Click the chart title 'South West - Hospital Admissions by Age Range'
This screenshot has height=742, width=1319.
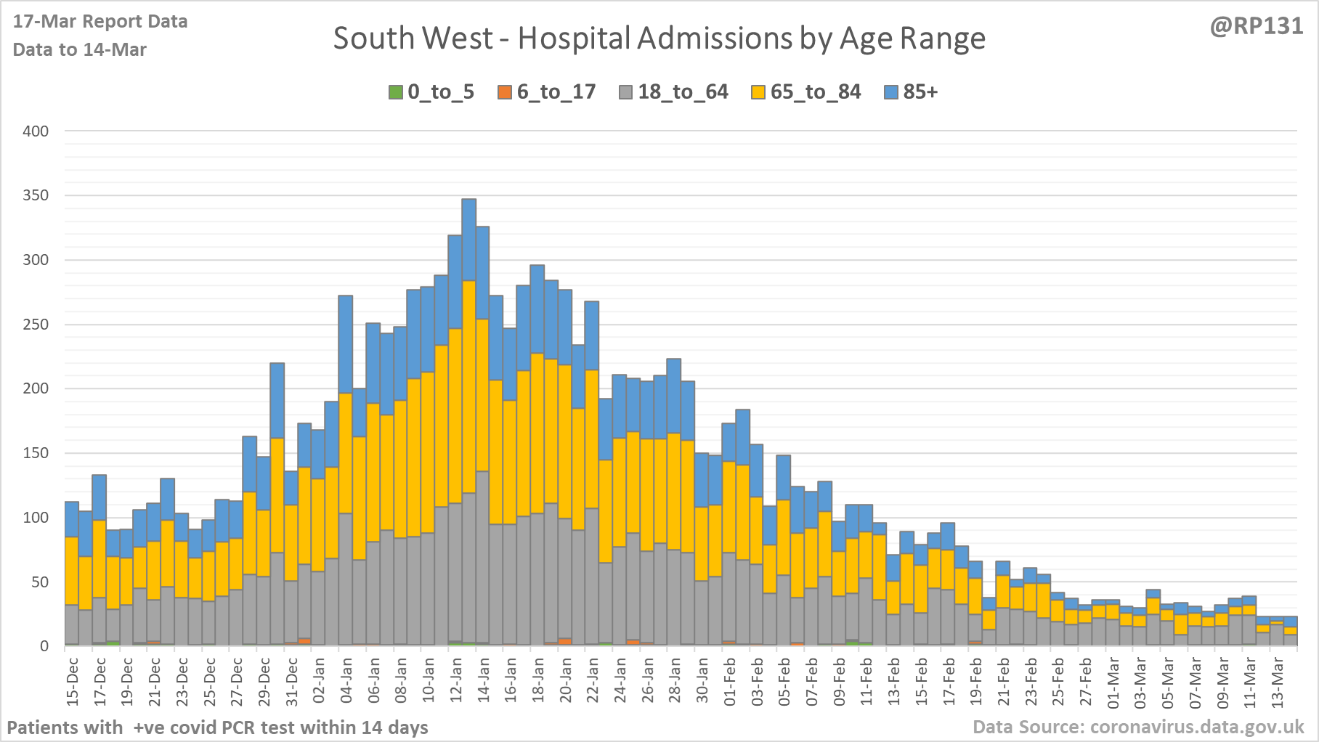[x=659, y=38]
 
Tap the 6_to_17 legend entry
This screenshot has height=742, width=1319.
[x=547, y=92]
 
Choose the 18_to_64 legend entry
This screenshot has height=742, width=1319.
[x=674, y=92]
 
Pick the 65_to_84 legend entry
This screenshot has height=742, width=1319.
[x=806, y=92]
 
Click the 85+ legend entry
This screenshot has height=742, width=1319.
[x=912, y=92]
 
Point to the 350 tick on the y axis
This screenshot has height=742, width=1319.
[x=36, y=195]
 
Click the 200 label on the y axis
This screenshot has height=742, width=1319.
[x=36, y=388]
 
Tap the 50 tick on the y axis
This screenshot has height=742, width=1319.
[x=40, y=582]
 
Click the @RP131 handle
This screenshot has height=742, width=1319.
[x=1256, y=26]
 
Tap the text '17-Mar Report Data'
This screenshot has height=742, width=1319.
[x=100, y=22]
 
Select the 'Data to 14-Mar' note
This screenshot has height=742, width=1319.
[x=80, y=50]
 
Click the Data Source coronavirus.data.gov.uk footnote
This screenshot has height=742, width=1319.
[x=1138, y=727]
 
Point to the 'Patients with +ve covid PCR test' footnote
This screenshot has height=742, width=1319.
[x=217, y=727]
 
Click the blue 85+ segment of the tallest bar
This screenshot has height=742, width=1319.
[x=469, y=240]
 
